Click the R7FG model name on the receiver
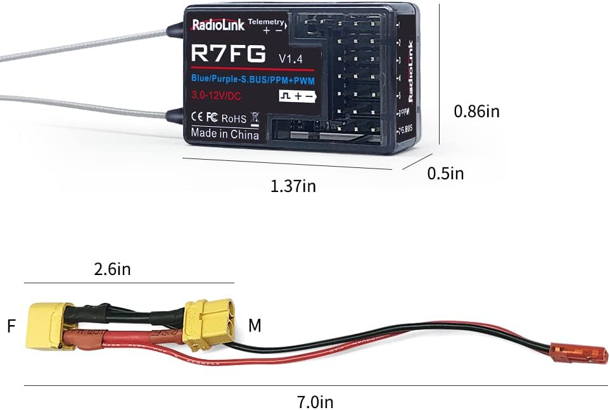click(x=229, y=53)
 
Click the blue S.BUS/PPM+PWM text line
click(x=253, y=79)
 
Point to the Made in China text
click(x=225, y=134)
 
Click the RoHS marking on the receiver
click(x=234, y=118)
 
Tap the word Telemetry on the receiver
click(x=266, y=22)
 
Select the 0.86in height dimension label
click(x=476, y=112)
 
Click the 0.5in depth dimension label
click(x=445, y=173)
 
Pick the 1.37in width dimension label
click(x=293, y=186)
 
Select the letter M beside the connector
click(x=255, y=326)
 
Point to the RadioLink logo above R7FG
click(x=217, y=26)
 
